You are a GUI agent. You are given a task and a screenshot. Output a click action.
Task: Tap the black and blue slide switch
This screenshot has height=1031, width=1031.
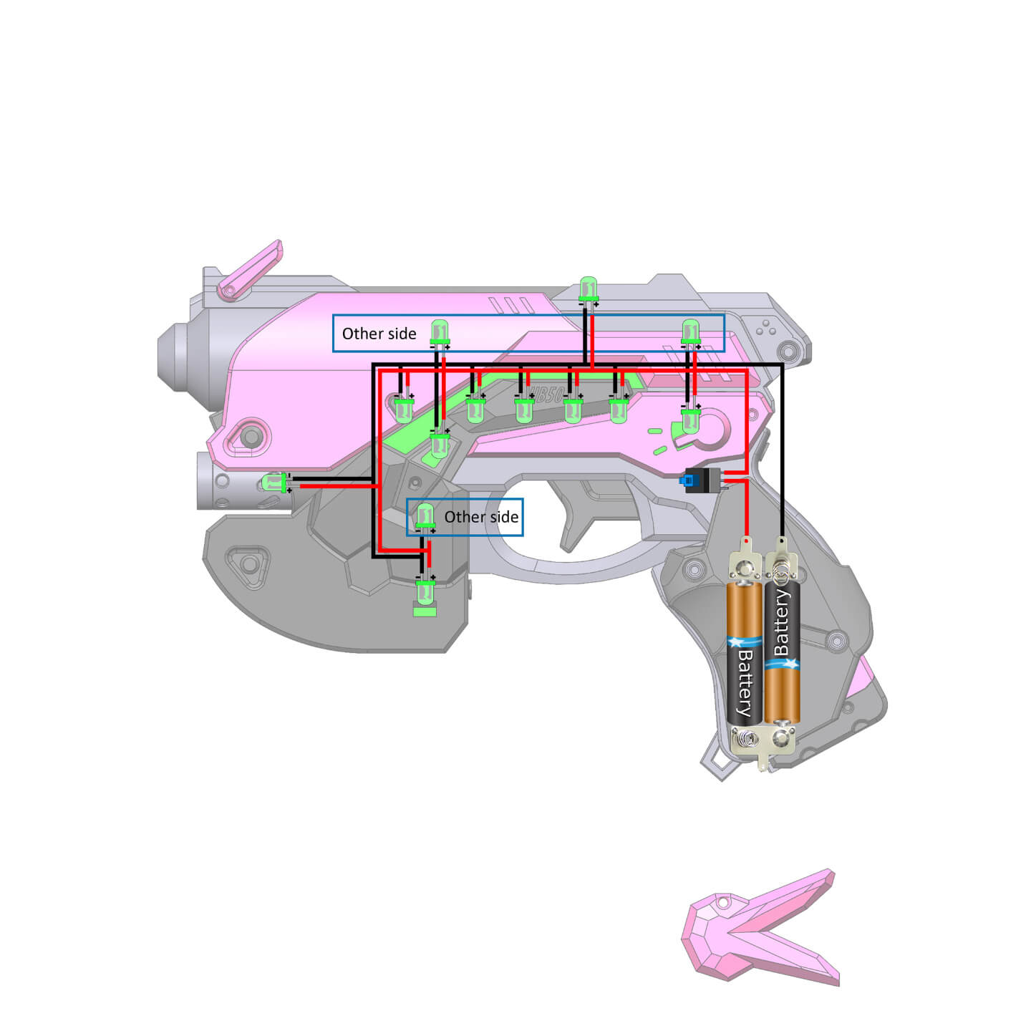coord(702,480)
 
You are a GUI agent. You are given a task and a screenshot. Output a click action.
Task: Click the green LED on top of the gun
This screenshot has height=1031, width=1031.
coord(589,289)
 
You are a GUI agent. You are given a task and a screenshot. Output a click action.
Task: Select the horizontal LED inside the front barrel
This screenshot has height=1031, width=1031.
coord(274,483)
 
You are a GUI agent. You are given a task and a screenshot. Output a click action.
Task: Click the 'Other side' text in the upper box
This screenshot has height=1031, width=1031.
coord(379,334)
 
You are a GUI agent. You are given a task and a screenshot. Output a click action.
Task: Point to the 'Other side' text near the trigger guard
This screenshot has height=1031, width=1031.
coord(481,517)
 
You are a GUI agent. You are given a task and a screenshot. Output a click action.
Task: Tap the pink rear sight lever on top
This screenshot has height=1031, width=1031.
coord(251,268)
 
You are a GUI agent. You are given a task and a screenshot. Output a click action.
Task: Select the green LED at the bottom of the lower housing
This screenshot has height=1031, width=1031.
coord(425,594)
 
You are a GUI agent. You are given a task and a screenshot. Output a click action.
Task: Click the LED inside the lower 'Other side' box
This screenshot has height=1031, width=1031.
coord(425,515)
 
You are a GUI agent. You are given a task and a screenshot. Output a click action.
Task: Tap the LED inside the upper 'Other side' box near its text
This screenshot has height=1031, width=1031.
coord(440,333)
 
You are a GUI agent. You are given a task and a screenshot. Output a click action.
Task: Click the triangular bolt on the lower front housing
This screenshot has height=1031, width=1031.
coord(248,564)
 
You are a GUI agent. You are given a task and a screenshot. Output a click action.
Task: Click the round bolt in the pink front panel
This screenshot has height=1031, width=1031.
coord(250,436)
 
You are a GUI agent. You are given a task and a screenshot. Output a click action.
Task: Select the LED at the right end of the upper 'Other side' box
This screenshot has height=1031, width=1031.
coord(690,332)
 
